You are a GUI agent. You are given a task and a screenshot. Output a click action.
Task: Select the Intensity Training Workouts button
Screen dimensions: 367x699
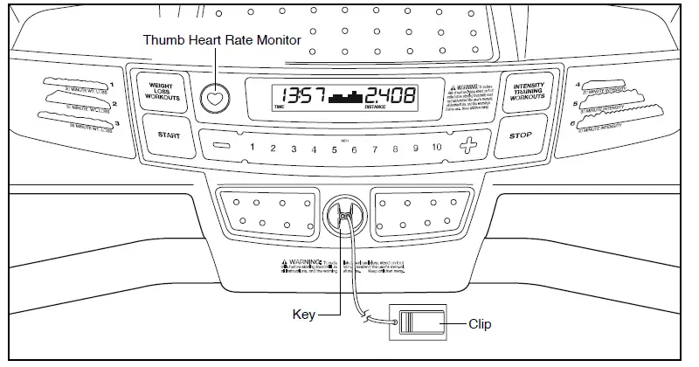528,93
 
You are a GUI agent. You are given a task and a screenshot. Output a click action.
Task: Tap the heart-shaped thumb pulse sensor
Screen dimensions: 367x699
212,98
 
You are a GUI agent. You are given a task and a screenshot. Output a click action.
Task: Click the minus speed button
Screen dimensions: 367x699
223,147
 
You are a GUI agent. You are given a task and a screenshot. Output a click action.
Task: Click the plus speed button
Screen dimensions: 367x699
470,147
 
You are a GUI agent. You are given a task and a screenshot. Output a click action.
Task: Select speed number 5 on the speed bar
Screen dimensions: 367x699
334,149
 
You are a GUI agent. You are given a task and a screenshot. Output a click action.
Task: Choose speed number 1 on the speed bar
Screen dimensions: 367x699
252,149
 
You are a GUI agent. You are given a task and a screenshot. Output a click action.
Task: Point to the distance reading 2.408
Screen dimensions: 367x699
391,96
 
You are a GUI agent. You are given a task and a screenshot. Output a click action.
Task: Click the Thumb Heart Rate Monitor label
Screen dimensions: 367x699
222,40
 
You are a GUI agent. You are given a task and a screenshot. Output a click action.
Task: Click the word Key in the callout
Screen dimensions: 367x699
302,311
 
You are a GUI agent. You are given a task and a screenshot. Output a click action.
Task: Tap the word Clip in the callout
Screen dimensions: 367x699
479,324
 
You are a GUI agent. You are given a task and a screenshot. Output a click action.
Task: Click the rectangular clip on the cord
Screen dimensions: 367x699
421,324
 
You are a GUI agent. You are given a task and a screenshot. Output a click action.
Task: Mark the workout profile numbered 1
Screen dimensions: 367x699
74,89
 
